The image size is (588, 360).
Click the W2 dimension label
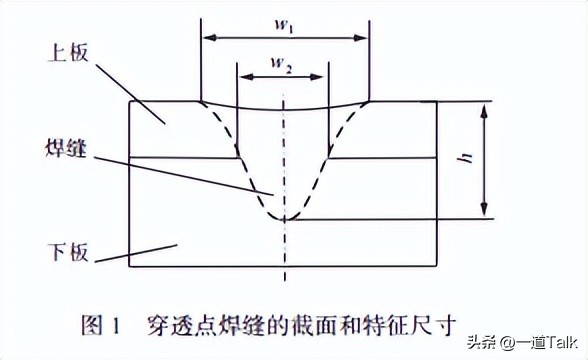(284, 66)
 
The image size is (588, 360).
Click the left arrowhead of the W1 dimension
(205, 38)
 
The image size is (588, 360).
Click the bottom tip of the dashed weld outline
(285, 218)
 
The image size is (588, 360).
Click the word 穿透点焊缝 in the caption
(193, 323)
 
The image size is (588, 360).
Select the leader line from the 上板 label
(135, 90)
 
